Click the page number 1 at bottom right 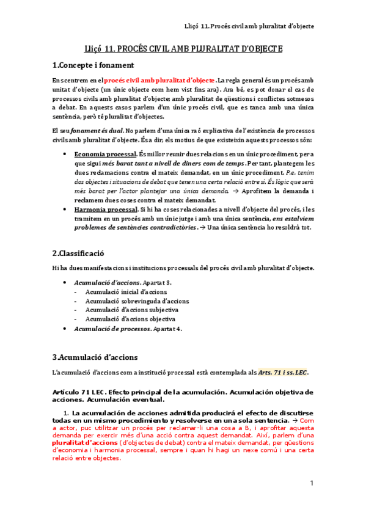pyautogui.click(x=311, y=483)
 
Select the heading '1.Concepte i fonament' pyautogui.click(x=93, y=65)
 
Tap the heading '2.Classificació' pyautogui.click(x=79, y=253)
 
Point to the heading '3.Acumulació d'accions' pyautogui.click(x=95, y=357)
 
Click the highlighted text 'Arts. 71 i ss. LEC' pyautogui.click(x=284, y=372)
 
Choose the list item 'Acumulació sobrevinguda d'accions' pyautogui.click(x=137, y=301)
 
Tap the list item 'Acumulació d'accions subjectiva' pyautogui.click(x=132, y=310)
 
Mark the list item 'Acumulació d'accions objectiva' pyautogui.click(x=130, y=319)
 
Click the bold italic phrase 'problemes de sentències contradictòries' pyautogui.click(x=134, y=228)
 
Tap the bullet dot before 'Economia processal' pyautogui.click(x=65, y=155)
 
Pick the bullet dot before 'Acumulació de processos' pyautogui.click(x=65, y=329)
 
